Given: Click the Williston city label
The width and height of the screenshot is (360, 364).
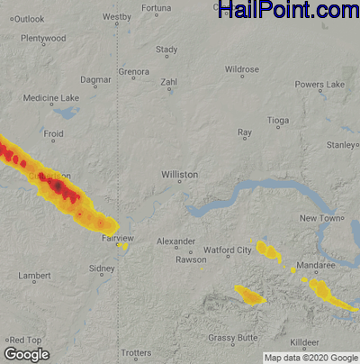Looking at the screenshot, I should [180, 173].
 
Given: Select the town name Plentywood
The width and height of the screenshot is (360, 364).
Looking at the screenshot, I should [42, 39].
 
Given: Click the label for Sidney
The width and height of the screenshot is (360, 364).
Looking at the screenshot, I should [102, 268].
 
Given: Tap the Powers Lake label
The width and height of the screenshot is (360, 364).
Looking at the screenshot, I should [319, 84].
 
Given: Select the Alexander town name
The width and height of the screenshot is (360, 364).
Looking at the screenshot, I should [175, 241].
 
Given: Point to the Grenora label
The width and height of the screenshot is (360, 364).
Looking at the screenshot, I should [133, 71].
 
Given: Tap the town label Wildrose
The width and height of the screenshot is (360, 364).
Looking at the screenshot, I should [242, 69].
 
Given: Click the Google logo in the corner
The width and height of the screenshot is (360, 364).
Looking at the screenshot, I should [26, 354].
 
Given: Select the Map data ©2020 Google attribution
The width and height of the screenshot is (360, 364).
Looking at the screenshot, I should [310, 358].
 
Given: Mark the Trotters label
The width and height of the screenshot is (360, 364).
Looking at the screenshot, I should [136, 352].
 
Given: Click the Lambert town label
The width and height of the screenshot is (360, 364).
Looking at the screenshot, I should [34, 275].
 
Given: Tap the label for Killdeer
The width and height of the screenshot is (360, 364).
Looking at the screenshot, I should [305, 344].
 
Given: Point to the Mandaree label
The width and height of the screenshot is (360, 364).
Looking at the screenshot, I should [318, 267].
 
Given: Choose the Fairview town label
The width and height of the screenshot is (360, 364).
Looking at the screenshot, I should [118, 238].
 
